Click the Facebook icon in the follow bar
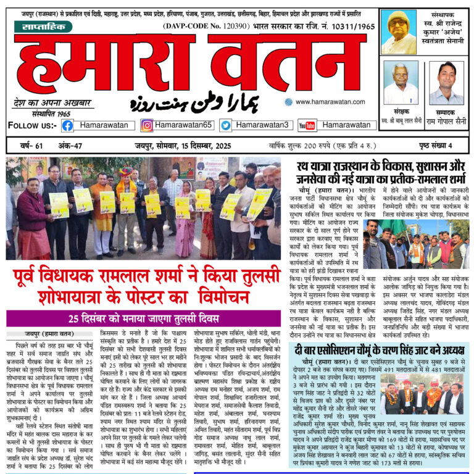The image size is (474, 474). [x=67, y=125]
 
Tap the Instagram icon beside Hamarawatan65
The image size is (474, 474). [x=147, y=125]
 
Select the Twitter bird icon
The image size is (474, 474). [x=226, y=125]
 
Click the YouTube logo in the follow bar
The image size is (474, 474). [x=307, y=125]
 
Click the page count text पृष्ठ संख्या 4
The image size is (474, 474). [x=434, y=146]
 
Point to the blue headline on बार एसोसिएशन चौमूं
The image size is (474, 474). [x=382, y=346]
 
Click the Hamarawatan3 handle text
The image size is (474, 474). [x=263, y=125]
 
